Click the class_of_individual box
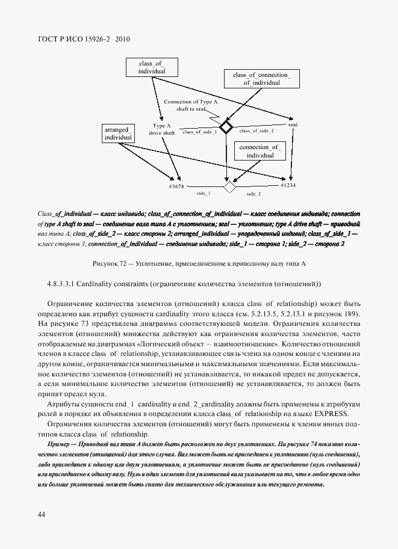(x=152, y=67)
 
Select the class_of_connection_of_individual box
(x=261, y=79)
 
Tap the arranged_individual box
(x=118, y=133)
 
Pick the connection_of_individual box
(x=260, y=152)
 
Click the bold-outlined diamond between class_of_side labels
(x=226, y=127)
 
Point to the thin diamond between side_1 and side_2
(x=229, y=187)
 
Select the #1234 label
(x=288, y=186)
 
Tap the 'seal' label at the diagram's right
(x=293, y=124)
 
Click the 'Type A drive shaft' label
(x=163, y=129)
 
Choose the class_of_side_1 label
(x=199, y=131)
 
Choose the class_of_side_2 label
(x=256, y=130)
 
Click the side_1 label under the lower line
(x=204, y=194)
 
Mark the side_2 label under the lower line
(x=253, y=194)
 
